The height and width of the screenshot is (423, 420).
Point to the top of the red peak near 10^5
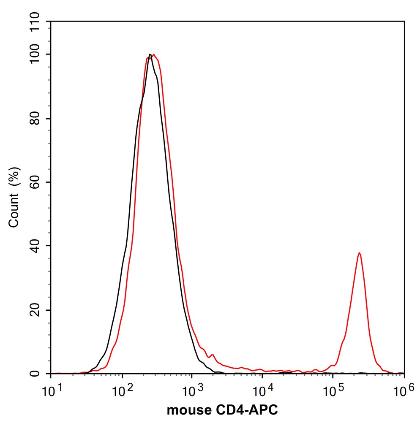coord(359,253)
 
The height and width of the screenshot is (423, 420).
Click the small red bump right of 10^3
coord(213,355)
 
